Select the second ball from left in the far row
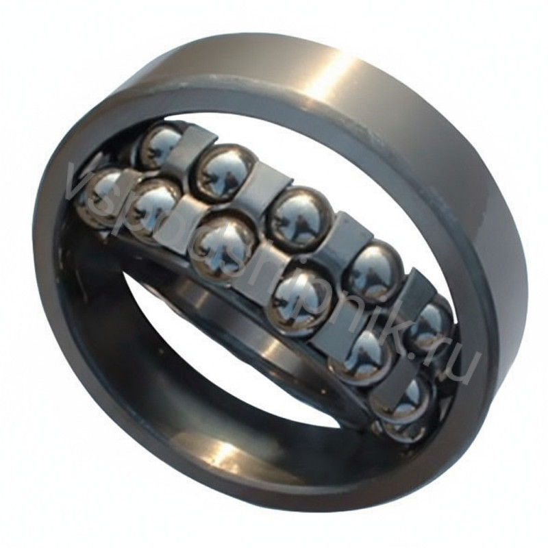[226, 168]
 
